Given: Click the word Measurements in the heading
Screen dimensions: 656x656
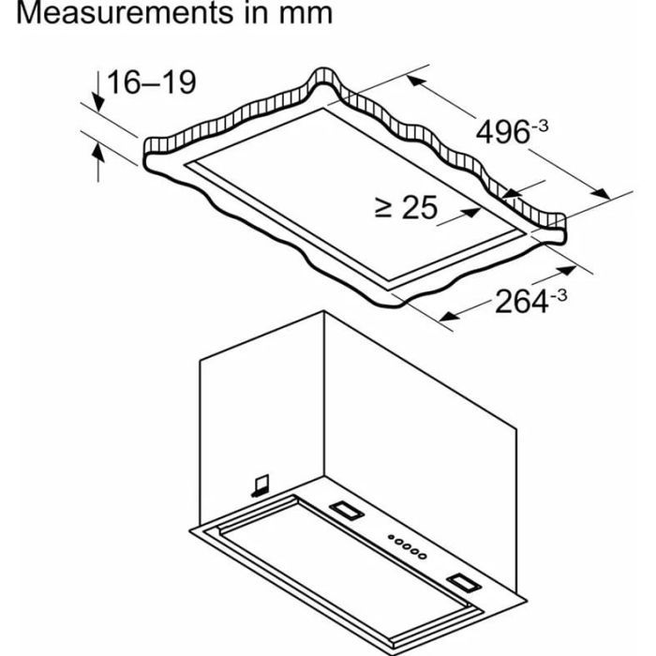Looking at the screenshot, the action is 125,12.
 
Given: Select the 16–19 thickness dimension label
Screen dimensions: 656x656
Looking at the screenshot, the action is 152,82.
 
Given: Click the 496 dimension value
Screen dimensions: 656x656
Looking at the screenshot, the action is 503,132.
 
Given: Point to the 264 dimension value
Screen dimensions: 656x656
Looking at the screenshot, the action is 522,301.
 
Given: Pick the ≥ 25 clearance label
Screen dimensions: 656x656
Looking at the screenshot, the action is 406,207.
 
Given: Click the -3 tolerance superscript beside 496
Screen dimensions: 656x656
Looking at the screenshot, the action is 540,126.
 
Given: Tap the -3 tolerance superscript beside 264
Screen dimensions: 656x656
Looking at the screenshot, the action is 559,295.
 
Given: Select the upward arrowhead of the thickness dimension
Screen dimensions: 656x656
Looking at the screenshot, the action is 97,152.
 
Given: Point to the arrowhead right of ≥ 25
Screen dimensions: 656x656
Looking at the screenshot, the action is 472,212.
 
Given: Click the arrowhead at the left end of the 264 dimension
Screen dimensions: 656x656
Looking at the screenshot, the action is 449,316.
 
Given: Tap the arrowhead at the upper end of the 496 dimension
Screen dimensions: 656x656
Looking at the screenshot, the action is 416,81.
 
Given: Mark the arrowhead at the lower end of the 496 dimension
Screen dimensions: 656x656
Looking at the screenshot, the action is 601,193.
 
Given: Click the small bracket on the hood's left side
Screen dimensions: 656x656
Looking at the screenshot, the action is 261,485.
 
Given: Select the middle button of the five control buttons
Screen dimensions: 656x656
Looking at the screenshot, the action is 407,546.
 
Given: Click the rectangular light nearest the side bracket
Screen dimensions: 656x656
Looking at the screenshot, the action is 347,511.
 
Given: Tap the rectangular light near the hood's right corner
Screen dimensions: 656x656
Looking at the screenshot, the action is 464,583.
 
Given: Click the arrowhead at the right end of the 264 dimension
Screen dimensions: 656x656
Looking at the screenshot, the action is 567,270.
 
